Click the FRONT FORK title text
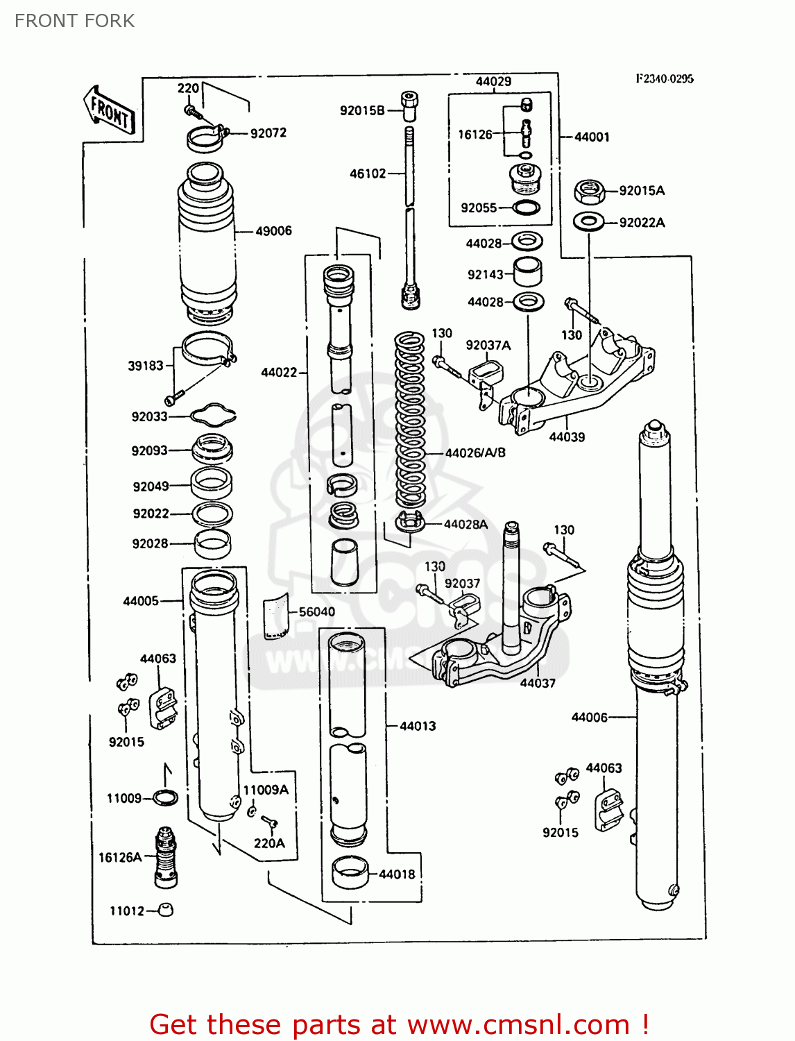[74, 21]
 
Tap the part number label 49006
[273, 230]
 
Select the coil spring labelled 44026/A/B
[410, 423]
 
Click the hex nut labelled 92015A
[589, 191]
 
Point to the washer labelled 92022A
[589, 222]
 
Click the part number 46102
[368, 173]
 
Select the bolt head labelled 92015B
[410, 103]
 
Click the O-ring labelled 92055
[527, 208]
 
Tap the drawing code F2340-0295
[664, 78]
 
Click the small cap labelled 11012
[166, 910]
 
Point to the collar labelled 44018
[350, 873]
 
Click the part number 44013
[418, 726]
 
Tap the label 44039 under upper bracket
[567, 437]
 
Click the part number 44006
[589, 717]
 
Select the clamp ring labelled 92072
[206, 137]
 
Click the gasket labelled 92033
[213, 415]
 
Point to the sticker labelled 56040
[276, 616]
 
